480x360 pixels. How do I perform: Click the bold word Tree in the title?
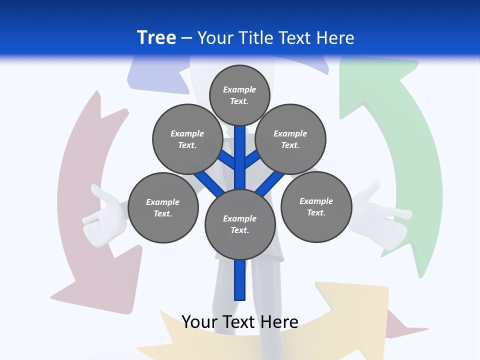tap(156, 37)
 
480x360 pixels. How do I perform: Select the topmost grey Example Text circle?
tap(239, 95)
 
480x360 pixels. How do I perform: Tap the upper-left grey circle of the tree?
tap(187, 139)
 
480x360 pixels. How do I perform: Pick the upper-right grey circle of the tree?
tap(290, 139)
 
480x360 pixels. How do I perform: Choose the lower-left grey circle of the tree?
tap(163, 207)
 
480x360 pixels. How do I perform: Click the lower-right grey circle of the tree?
tap(316, 206)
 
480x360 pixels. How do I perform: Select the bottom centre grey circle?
tap(240, 224)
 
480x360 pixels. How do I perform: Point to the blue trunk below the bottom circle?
tap(240, 280)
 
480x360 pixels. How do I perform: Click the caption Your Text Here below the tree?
tap(240, 322)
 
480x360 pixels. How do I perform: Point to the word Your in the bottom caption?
tap(199, 322)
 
